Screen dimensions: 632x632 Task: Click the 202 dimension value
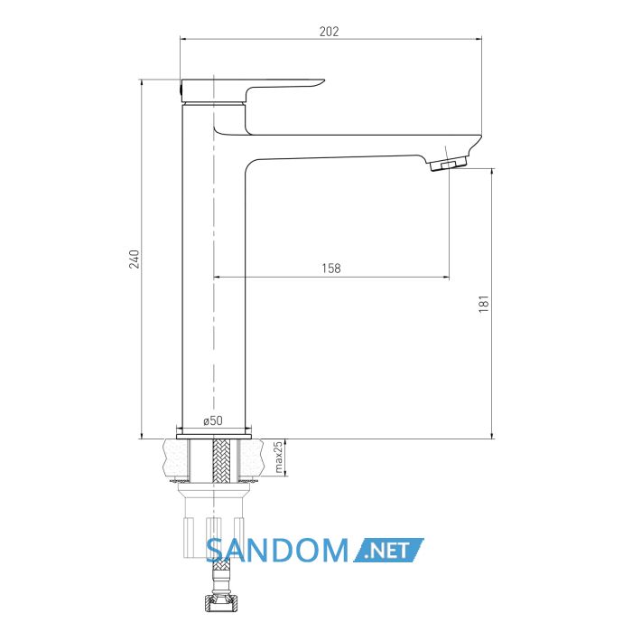[329, 31]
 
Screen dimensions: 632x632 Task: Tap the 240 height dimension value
[135, 259]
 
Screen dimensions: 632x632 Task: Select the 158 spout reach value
[331, 268]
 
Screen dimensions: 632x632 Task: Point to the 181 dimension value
[484, 304]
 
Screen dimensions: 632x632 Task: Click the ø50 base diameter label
[213, 420]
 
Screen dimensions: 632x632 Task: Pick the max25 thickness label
[278, 457]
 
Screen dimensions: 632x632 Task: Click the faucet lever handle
[252, 90]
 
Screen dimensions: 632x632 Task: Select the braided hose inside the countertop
[220, 460]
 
